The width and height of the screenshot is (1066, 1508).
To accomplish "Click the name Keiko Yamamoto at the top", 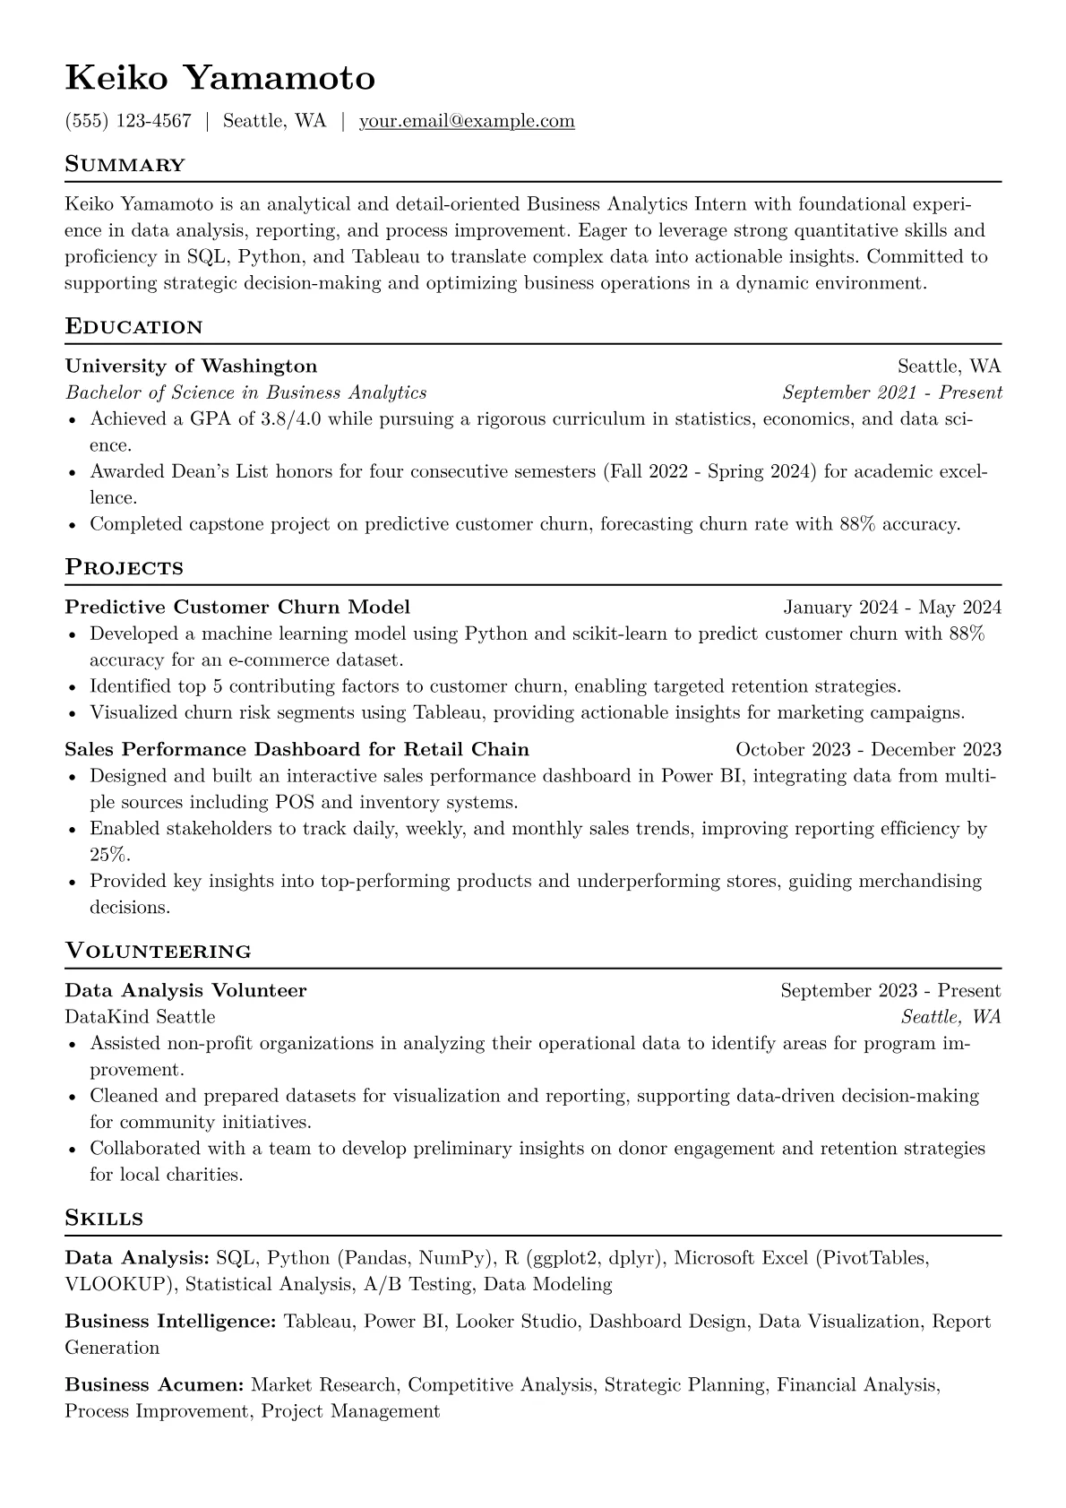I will [219, 79].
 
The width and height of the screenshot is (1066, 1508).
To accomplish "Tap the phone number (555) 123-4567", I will [128, 121].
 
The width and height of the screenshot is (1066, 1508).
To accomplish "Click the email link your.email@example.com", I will [467, 121].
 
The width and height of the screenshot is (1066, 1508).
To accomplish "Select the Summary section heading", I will [125, 165].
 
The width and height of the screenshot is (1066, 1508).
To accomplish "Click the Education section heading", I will [133, 326].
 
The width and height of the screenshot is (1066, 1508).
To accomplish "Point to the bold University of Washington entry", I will [191, 366].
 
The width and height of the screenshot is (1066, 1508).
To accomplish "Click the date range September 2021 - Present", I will [891, 392].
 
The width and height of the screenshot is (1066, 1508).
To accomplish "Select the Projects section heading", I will [124, 567].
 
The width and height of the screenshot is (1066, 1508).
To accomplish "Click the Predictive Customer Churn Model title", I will [237, 607].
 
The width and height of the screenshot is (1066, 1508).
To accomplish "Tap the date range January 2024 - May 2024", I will [891, 608].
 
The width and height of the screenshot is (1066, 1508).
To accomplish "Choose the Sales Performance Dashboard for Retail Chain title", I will [297, 749].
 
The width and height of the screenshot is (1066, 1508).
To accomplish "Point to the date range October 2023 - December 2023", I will [868, 750].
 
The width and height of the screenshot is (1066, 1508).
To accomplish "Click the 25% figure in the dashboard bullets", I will [109, 855].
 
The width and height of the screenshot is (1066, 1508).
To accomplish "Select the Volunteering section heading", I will [158, 951].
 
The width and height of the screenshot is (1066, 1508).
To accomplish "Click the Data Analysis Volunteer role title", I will [185, 990].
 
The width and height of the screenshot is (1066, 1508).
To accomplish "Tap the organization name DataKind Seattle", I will [140, 1017].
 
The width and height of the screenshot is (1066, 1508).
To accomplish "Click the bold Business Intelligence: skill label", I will [170, 1322].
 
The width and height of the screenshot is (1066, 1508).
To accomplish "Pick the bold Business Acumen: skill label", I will [154, 1385].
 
